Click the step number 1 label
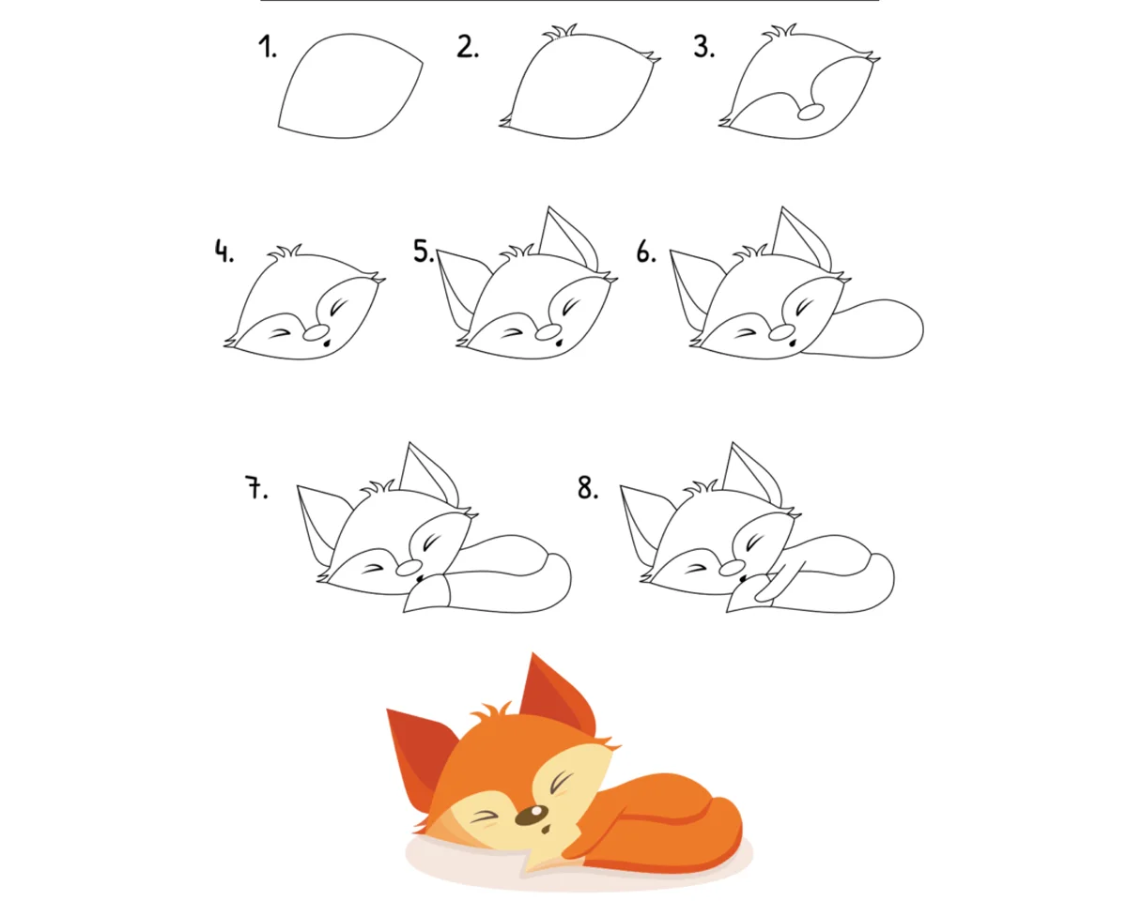point(267,47)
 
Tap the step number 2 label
point(467,47)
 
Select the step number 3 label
point(703,47)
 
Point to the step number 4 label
point(224,252)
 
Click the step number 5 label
point(424,251)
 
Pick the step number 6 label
point(646,252)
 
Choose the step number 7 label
point(256,487)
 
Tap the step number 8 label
point(588,487)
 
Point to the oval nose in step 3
point(811,112)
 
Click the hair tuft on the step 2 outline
point(561,32)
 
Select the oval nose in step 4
point(316,332)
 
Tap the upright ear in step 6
point(802,238)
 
